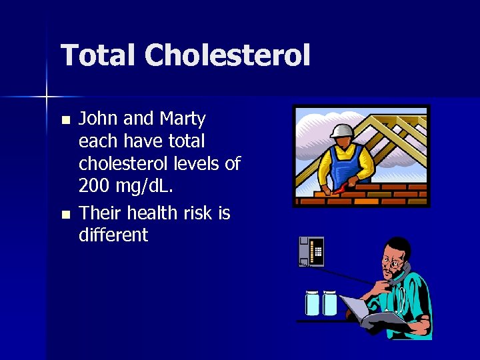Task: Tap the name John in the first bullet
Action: (99, 119)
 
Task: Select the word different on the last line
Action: (113, 235)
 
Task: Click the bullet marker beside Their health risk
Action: (65, 215)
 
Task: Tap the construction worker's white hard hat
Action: (341, 130)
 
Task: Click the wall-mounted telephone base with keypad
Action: (311, 251)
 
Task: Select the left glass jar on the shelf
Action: (313, 303)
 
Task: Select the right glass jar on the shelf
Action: (330, 303)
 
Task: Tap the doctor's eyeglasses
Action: (394, 266)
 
